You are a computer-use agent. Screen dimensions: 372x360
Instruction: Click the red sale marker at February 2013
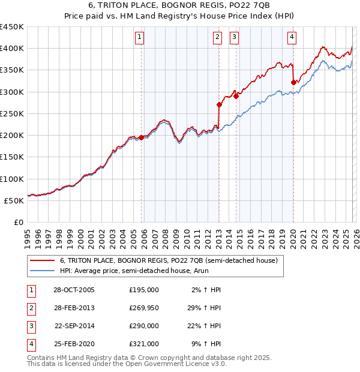[x=220, y=104]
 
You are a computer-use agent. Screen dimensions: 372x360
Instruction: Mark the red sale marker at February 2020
[x=293, y=82]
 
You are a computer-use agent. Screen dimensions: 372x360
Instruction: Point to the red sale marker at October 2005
[x=142, y=137]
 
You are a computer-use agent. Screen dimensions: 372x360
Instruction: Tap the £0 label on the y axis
[x=18, y=223]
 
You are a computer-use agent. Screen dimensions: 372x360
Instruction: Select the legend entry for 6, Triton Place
[x=169, y=261]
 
